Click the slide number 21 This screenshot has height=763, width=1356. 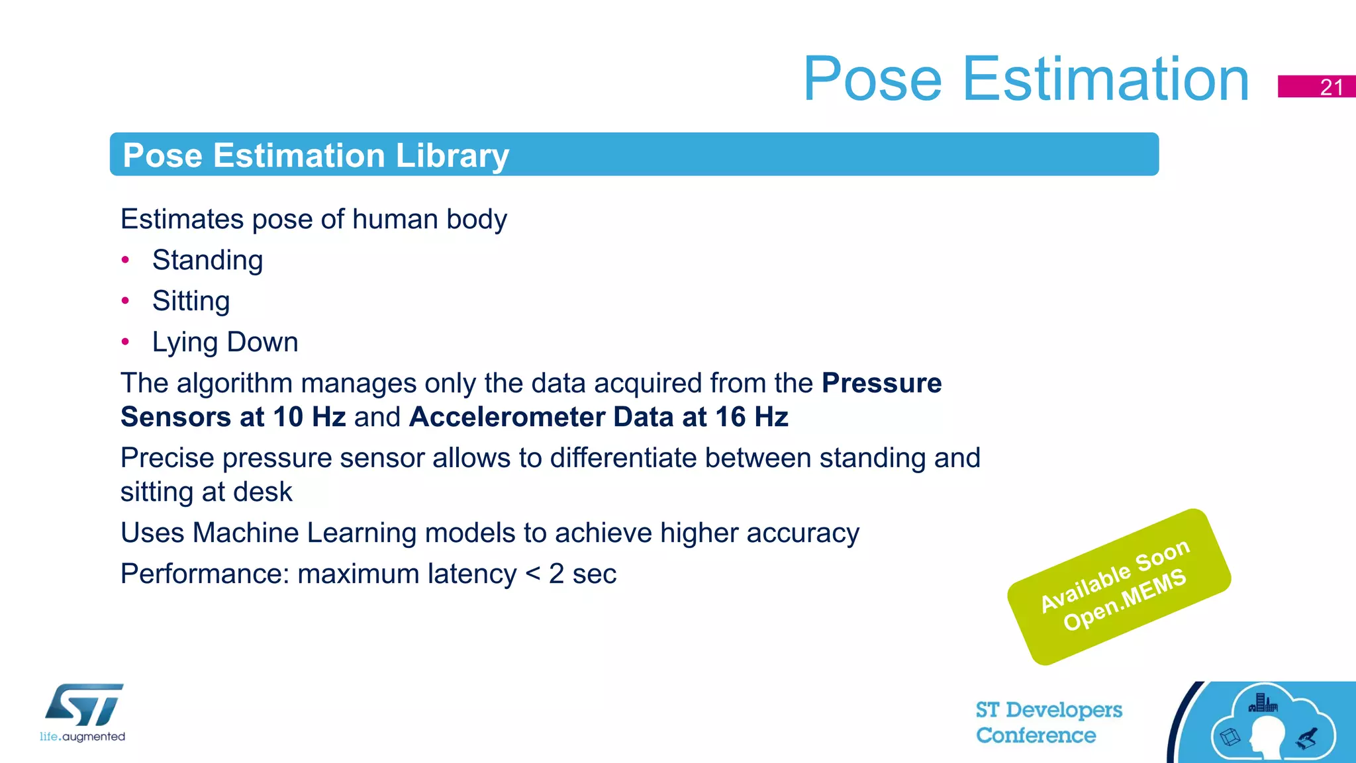1331,87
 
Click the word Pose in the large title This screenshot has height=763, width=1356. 872,79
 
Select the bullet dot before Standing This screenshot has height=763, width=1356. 125,260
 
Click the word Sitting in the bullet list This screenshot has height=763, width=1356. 191,301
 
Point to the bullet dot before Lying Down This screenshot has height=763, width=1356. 125,342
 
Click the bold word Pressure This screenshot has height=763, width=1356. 881,383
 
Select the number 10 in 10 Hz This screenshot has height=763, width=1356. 288,418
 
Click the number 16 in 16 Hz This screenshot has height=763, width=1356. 730,418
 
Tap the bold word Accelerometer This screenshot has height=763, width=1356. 507,418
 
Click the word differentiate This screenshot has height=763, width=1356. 623,459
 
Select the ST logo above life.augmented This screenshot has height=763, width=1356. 85,705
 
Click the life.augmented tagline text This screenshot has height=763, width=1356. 82,737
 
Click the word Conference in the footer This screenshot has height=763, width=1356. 1036,735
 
